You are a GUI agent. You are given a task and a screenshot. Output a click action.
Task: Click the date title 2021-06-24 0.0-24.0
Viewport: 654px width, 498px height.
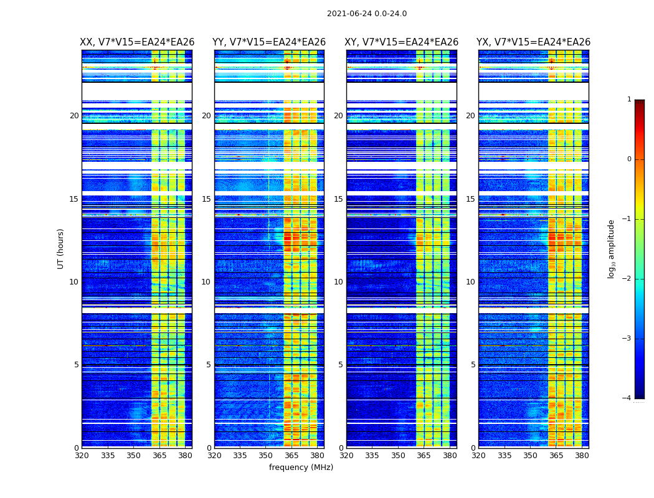367,14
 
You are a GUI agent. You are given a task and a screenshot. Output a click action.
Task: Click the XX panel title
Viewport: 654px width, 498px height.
137,42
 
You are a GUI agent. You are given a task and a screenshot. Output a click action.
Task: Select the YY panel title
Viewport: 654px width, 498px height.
269,42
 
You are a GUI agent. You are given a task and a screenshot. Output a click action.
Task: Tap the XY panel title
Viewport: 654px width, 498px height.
402,42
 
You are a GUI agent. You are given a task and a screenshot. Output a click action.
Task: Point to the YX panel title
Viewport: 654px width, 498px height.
534,42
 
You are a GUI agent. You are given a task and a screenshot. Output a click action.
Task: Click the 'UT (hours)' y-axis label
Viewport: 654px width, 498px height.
61,248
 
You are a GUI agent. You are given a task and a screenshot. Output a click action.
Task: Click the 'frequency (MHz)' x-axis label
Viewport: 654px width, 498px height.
301,467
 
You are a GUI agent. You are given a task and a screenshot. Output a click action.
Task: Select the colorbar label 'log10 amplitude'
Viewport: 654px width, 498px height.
612,248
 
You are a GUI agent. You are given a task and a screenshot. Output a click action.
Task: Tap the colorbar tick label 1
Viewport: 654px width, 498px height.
629,100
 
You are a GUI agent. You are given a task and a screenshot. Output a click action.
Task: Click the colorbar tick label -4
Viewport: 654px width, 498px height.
627,398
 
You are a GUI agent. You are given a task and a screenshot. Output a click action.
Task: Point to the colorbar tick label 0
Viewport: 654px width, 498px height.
629,159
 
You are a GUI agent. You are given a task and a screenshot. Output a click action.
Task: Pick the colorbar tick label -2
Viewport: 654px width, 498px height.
627,279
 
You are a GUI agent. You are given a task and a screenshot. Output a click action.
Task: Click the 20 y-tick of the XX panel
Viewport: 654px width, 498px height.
75,116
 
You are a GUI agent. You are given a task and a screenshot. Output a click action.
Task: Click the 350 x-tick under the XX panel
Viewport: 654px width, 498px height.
133,456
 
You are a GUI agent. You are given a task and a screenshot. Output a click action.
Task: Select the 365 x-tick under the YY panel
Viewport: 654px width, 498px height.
291,456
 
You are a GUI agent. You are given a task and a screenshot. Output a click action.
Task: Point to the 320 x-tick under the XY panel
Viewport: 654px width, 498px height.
347,456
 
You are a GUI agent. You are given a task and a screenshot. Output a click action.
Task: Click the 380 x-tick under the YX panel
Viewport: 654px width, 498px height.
582,456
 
